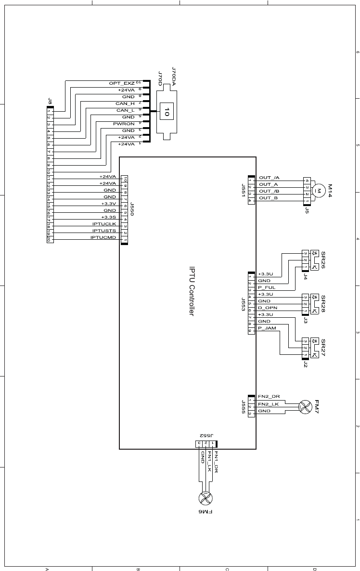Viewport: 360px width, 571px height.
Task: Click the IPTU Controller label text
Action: [191, 292]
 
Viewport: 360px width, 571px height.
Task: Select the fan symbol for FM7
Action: [305, 407]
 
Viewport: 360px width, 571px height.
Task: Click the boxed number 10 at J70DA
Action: [167, 112]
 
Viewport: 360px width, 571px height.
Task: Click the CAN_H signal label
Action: [125, 104]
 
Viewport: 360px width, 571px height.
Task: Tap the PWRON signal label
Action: [124, 124]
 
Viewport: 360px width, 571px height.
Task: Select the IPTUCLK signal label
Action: [104, 224]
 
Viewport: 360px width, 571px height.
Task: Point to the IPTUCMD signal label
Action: [103, 237]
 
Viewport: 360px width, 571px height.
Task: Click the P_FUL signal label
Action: [267, 287]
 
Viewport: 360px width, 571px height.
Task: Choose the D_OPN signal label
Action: [268, 308]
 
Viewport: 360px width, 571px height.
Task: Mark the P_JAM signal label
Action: [267, 328]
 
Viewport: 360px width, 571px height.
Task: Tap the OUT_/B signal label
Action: [270, 191]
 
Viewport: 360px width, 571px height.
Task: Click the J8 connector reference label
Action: [50, 101]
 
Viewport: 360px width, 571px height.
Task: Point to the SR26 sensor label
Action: [323, 260]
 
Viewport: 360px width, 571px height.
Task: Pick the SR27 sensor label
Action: [323, 348]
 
